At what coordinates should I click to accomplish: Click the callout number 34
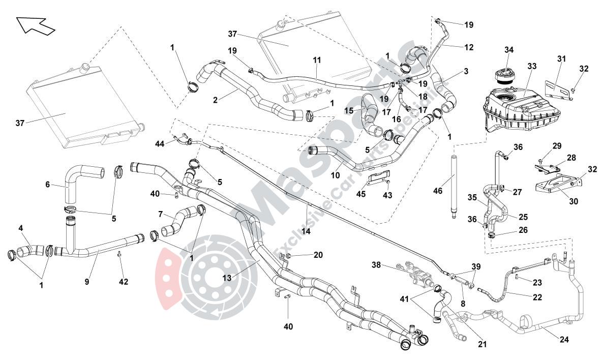point(509,50)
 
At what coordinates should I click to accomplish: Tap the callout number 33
point(532,66)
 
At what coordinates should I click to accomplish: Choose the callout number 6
point(48,185)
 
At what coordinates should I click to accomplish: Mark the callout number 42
point(124,281)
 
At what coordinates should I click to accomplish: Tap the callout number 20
point(318,255)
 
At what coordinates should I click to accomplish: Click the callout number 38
point(376,265)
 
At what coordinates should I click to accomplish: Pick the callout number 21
point(482,344)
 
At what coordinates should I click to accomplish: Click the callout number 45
point(360,193)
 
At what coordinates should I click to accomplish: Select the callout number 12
point(469,47)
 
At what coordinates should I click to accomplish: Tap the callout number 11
point(317,59)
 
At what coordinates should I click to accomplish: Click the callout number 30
point(573,201)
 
